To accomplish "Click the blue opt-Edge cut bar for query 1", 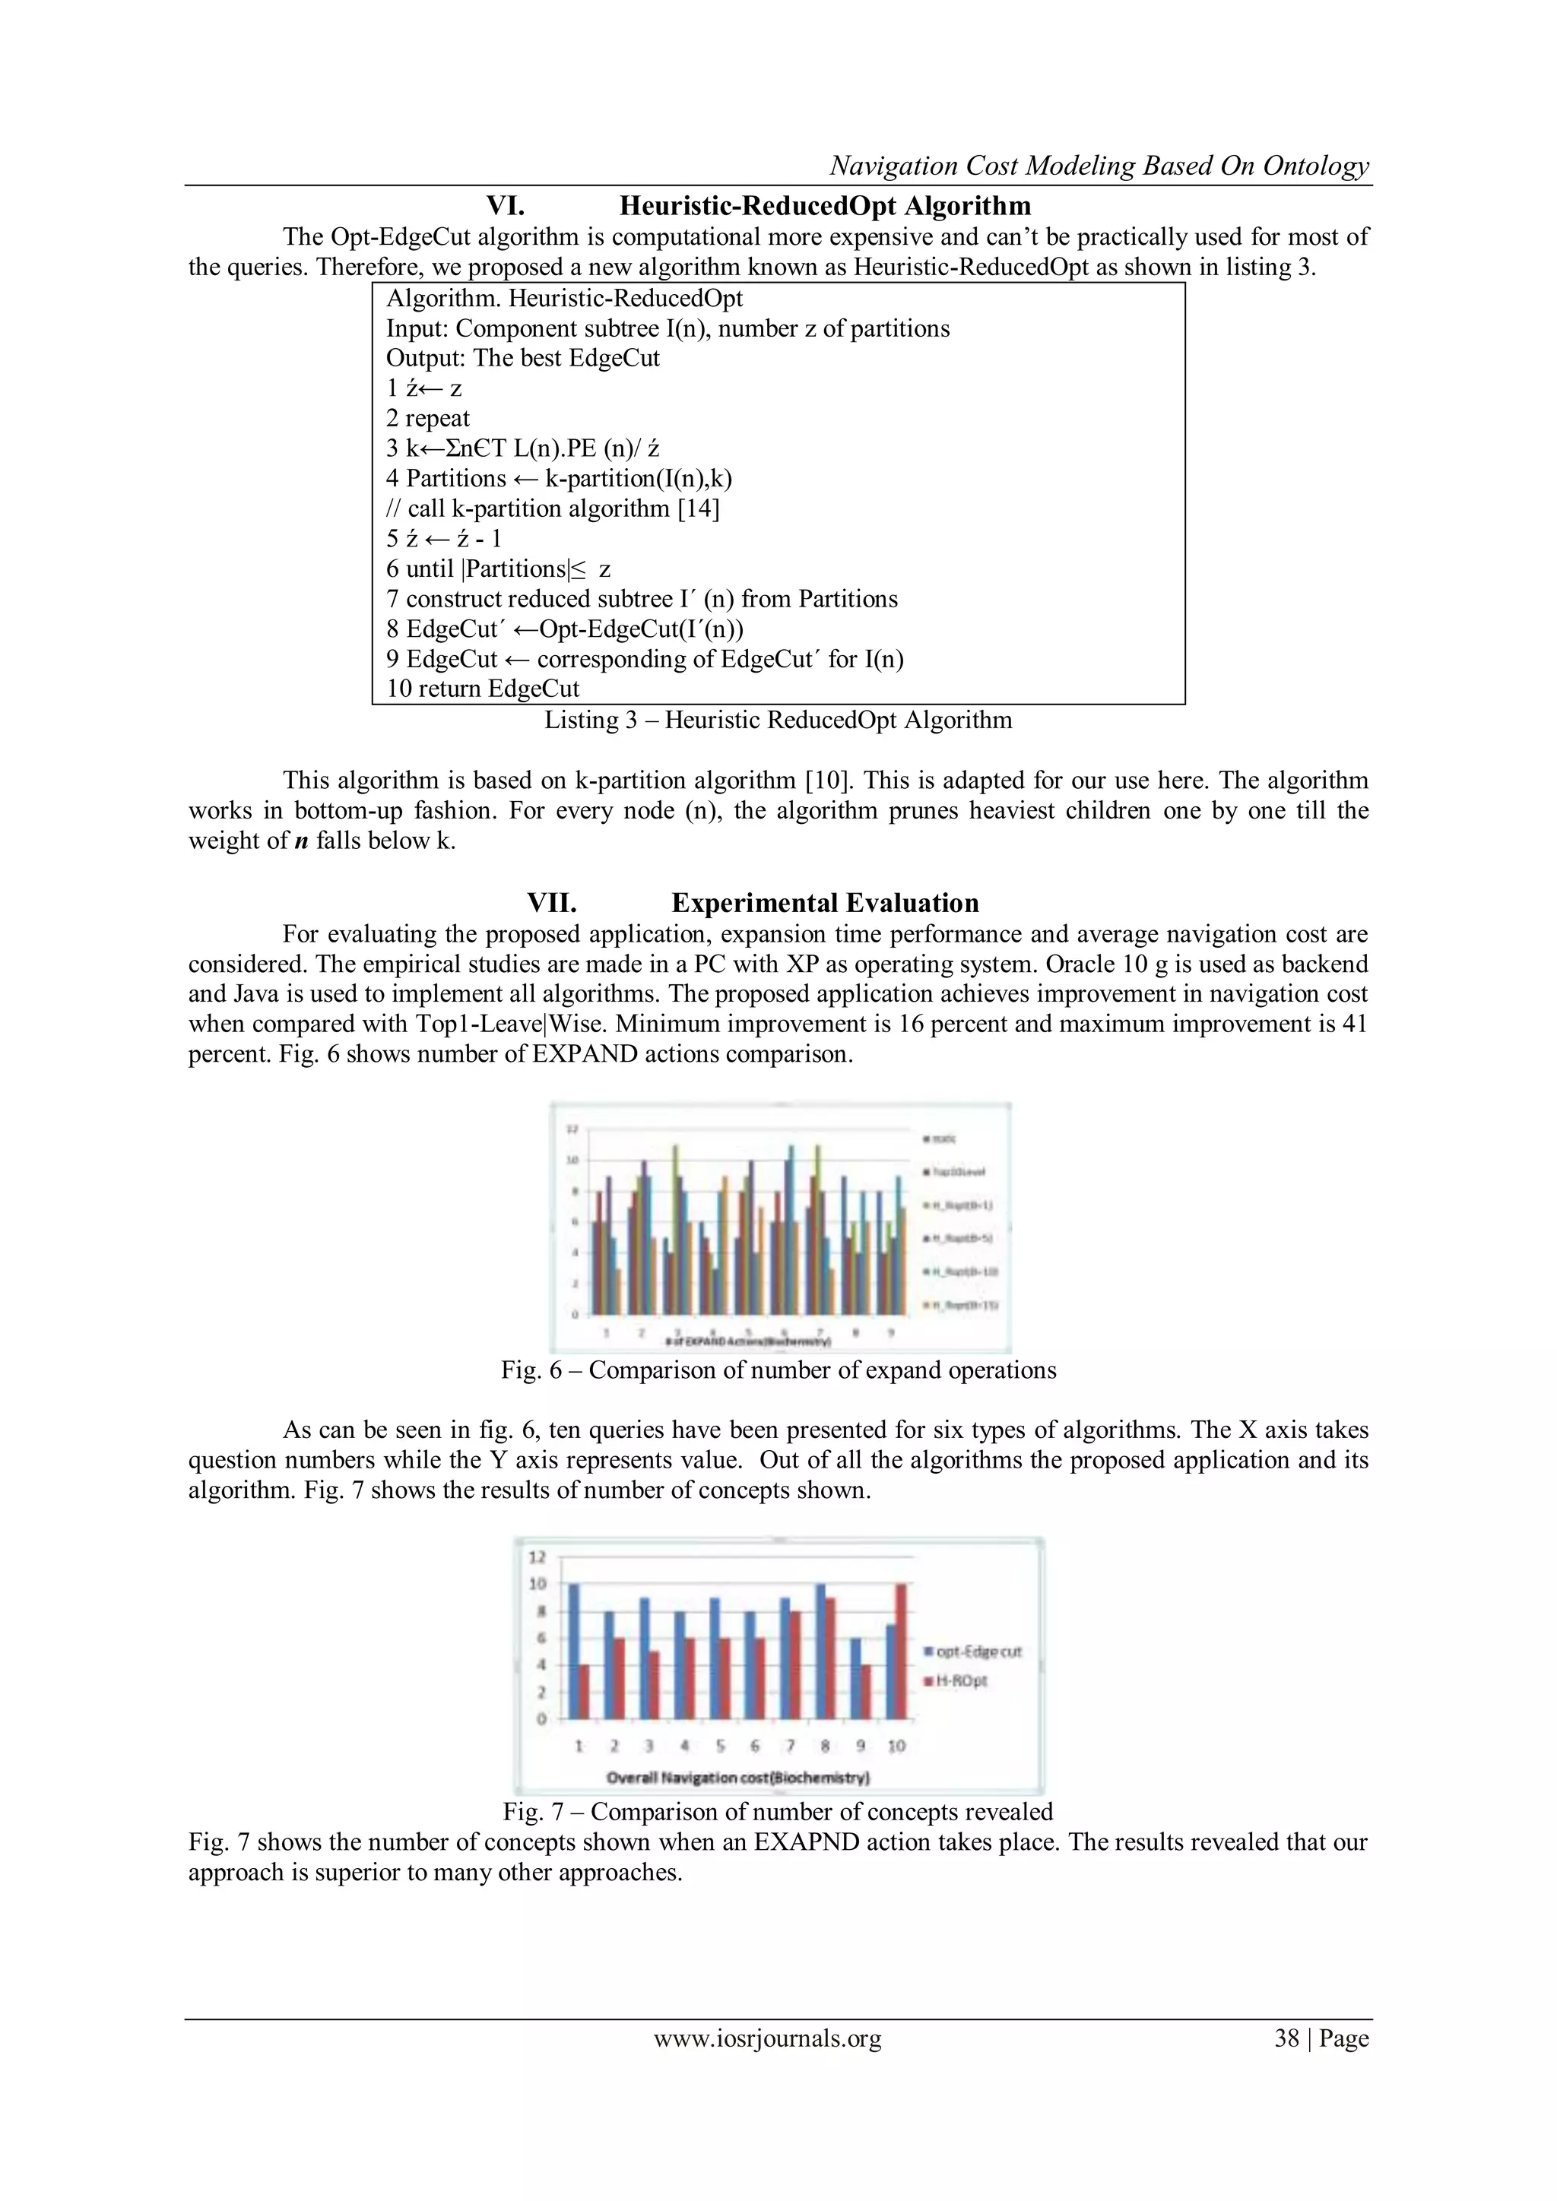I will pyautogui.click(x=573, y=1651).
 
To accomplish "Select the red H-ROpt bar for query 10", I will pyautogui.click(x=900, y=1651).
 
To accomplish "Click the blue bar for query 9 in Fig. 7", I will pyautogui.click(x=856, y=1677).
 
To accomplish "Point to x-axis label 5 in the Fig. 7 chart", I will pyautogui.click(x=719, y=1746).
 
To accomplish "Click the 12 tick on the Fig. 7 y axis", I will pyautogui.click(x=537, y=1557).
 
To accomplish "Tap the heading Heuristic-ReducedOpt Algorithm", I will pyautogui.click(x=825, y=205).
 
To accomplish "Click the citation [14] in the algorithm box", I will pyautogui.click(x=698, y=508).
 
